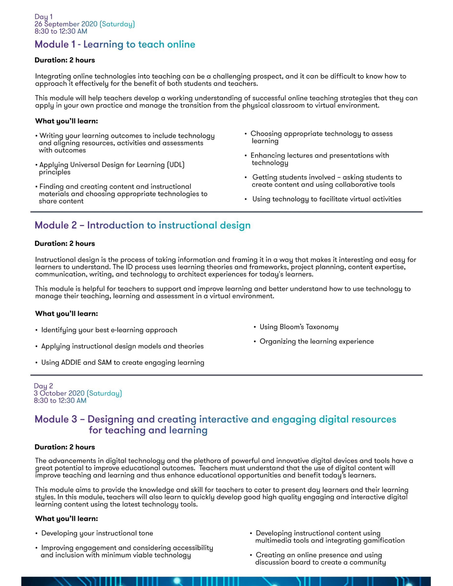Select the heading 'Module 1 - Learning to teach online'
(115, 44)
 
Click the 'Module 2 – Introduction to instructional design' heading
(142, 225)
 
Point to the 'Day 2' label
(43, 386)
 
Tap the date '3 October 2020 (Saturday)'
(78, 393)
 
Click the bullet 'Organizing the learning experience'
(316, 341)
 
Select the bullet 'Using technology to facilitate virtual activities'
(327, 199)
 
